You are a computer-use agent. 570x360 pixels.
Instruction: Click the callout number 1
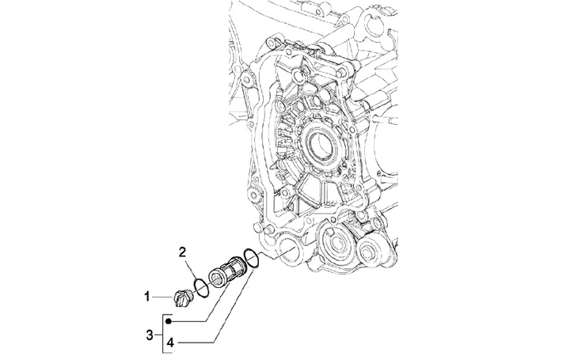[x=147, y=297]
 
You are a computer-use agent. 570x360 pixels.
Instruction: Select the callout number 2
[x=183, y=252]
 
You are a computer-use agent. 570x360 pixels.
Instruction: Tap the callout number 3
[x=150, y=335]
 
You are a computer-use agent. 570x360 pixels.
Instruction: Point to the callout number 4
[x=170, y=343]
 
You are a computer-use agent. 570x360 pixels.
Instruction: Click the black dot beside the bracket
[x=169, y=321]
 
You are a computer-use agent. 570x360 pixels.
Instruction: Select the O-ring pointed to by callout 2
[x=201, y=288]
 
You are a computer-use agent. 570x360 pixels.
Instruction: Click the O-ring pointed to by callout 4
[x=252, y=258]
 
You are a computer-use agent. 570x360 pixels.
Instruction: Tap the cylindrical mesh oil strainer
[x=228, y=271]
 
